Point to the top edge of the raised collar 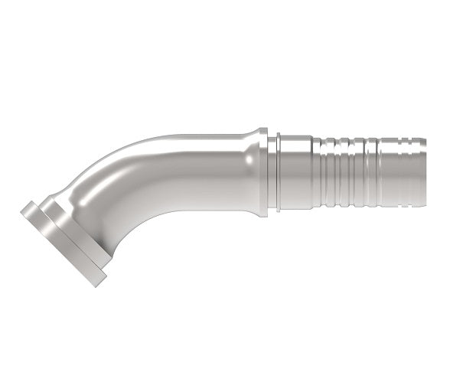263,130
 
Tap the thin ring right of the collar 280,177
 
